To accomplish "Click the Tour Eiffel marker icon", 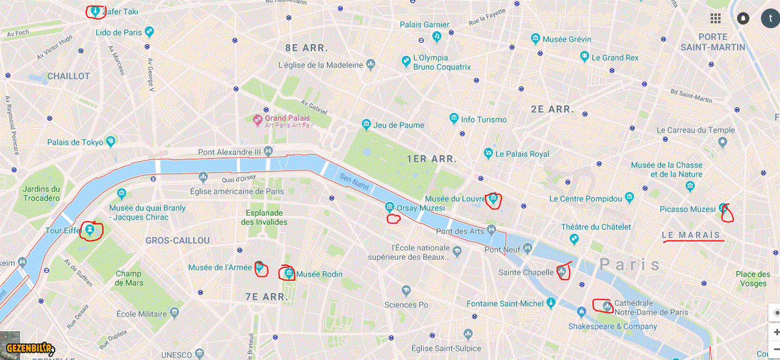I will pos(89,229).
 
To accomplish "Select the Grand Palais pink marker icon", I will pos(257,120).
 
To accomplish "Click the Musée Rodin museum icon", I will pos(289,273).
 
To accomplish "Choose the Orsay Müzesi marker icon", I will pos(389,207).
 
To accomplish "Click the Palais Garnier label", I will pos(424,25).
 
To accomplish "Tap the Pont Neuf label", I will pos(502,250).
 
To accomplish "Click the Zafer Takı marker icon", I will pos(96,11).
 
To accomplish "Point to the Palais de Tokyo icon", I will pos(111,141).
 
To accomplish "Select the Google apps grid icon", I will pos(716,18).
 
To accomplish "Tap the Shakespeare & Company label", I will pos(612,326).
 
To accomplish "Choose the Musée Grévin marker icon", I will pos(536,39).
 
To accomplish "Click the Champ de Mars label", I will pos(128,278).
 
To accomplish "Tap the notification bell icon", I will pos(742,18).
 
